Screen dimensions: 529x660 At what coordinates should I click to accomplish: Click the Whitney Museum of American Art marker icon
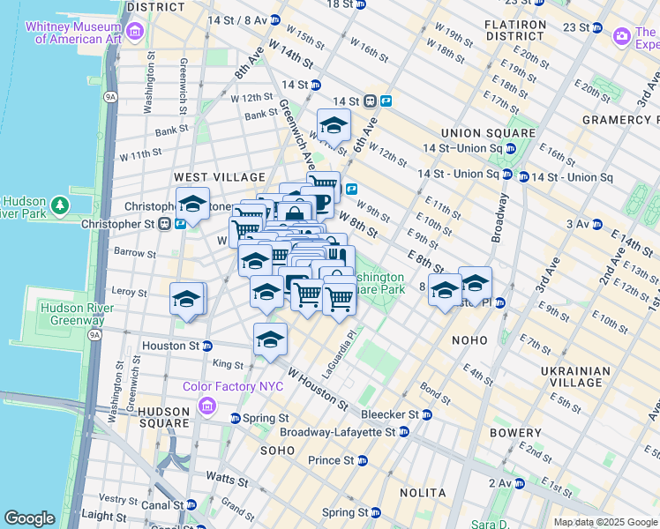135,32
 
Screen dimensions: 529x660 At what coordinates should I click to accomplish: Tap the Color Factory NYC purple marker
206,405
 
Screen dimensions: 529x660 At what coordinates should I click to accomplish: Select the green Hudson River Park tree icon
60,205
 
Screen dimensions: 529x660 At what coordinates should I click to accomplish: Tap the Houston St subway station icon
207,346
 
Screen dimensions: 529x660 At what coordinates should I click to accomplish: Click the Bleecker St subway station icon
427,414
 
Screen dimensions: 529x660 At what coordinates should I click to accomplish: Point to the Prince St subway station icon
363,460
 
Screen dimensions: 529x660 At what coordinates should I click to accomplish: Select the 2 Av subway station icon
520,483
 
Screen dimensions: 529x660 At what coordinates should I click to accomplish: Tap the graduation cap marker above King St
270,339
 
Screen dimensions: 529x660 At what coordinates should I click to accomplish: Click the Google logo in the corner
30,518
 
